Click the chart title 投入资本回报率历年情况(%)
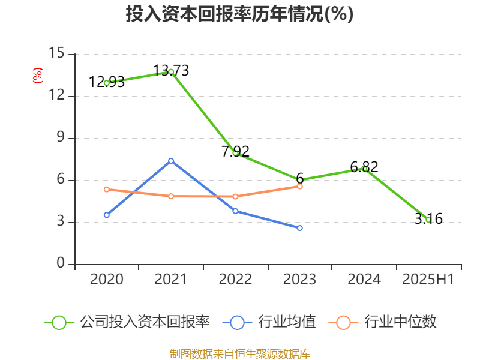[x=239, y=14]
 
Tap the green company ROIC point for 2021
[x=171, y=71]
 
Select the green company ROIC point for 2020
[x=106, y=83]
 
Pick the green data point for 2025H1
[x=428, y=220]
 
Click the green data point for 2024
[x=364, y=169]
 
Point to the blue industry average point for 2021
[x=171, y=160]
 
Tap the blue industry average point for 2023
[x=300, y=228]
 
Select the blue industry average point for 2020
[x=106, y=215]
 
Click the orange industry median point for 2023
[x=300, y=186]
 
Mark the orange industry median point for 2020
[x=106, y=189]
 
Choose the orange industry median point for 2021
[x=171, y=196]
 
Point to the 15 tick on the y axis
[x=56, y=53]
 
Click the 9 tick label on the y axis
[x=60, y=137]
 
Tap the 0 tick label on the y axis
[x=60, y=263]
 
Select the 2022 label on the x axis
[x=235, y=280]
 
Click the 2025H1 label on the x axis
[x=428, y=280]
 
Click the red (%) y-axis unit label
[x=37, y=76]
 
